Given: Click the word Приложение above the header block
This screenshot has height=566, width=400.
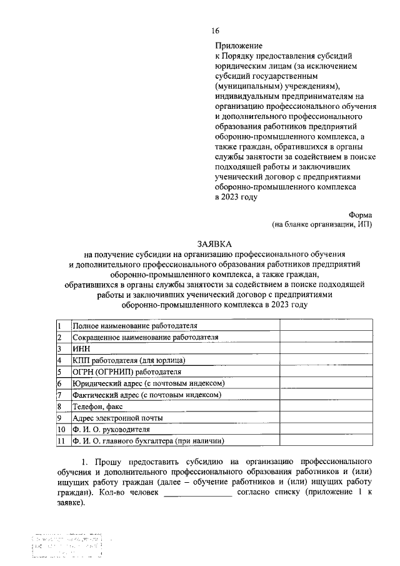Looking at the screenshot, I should pyautogui.click(x=239, y=46).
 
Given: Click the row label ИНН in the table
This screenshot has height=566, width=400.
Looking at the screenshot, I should pyautogui.click(x=81, y=348).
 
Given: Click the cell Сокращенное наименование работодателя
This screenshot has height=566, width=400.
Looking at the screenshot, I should pyautogui.click(x=145, y=337).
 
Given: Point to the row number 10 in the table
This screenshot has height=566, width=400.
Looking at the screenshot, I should pyautogui.click(x=61, y=429).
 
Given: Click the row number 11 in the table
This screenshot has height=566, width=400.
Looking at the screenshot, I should pyautogui.click(x=61, y=441).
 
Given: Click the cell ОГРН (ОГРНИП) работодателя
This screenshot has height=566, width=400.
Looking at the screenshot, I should pyautogui.click(x=126, y=371).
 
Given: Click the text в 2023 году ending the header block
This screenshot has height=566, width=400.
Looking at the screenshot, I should pyautogui.click(x=236, y=196).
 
